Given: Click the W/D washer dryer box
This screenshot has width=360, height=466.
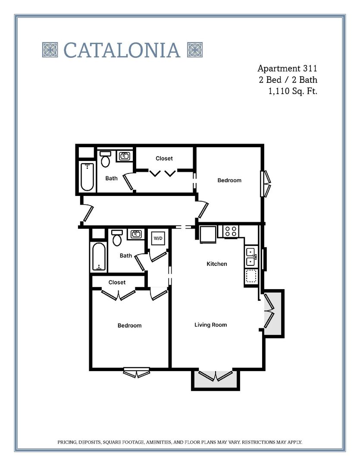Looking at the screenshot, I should (x=157, y=238).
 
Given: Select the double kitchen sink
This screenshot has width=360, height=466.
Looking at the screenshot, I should (x=250, y=257).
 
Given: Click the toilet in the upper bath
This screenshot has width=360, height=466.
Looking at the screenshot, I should (x=105, y=159).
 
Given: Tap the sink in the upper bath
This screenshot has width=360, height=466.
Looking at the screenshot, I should (x=125, y=156).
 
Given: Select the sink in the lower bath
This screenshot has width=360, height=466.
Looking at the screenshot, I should (x=136, y=234).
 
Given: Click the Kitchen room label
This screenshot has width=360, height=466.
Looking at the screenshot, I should (x=216, y=264).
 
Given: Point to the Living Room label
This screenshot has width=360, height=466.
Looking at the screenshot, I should (x=210, y=325).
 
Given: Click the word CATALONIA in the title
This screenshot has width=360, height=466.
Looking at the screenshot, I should (x=122, y=50).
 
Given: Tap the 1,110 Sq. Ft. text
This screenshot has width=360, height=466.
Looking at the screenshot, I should (x=293, y=91).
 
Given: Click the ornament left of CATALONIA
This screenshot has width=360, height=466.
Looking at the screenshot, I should (x=50, y=50).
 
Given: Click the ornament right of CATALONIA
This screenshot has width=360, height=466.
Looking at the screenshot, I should (x=195, y=50).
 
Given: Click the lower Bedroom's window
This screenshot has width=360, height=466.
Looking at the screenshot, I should (x=136, y=372).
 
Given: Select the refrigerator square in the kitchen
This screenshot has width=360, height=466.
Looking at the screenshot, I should (x=208, y=234).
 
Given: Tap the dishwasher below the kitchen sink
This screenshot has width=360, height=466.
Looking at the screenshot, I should (x=250, y=276).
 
